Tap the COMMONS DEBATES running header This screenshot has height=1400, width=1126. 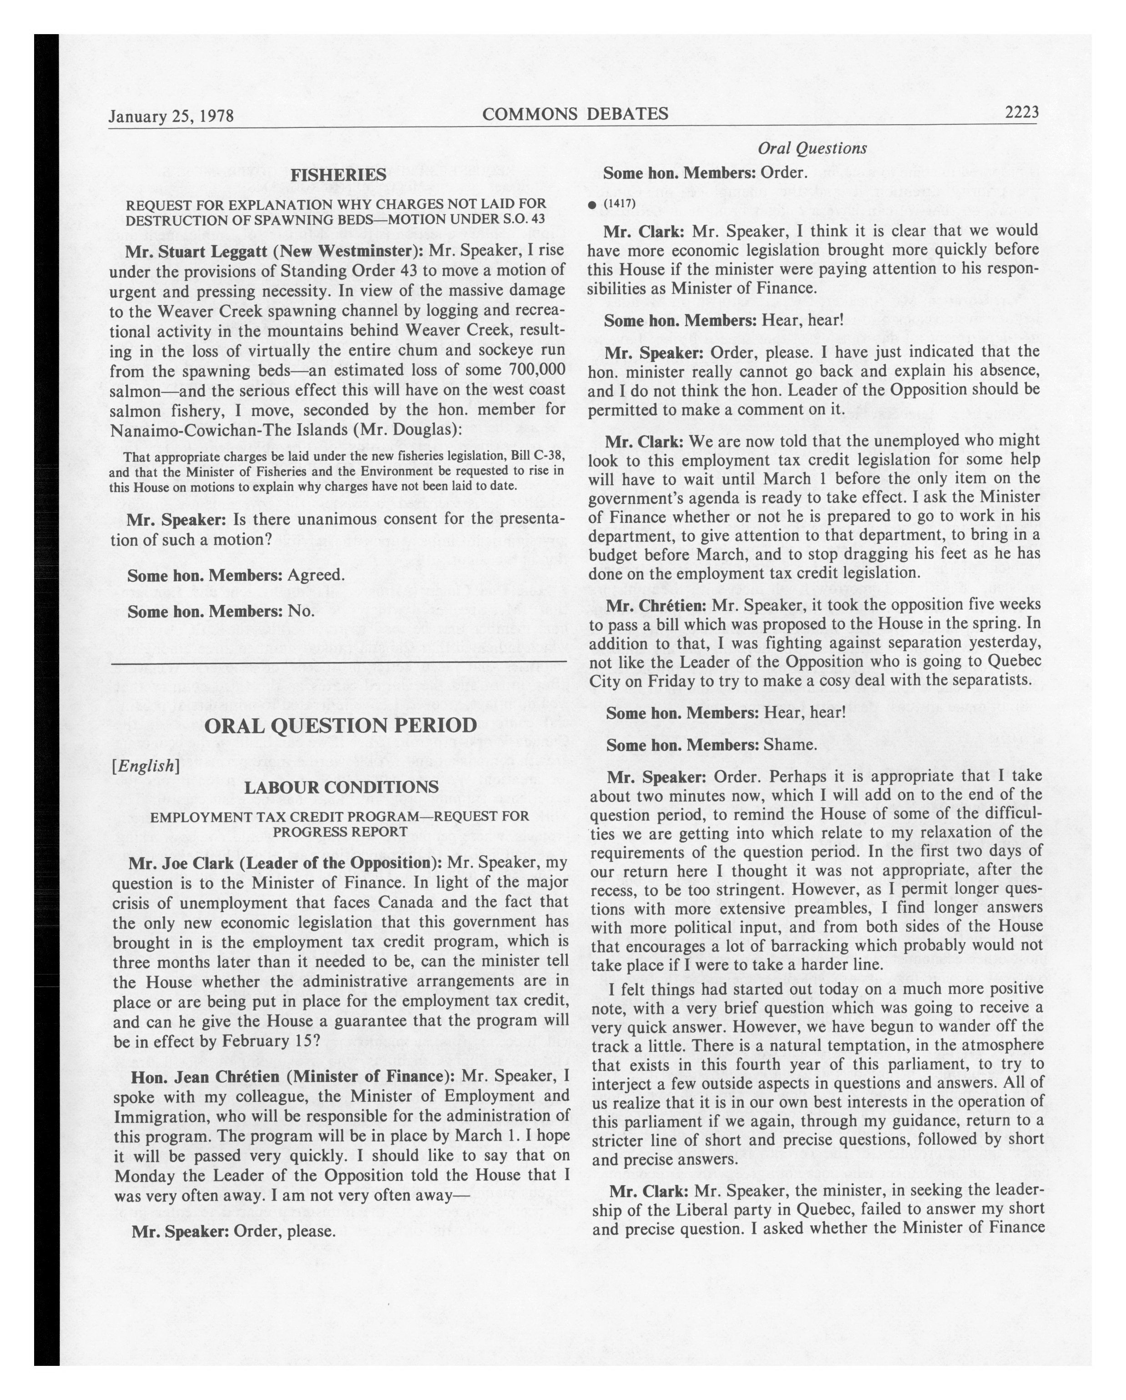click(575, 114)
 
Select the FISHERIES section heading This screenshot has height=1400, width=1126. click(338, 175)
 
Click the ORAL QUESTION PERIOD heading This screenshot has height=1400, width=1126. click(341, 725)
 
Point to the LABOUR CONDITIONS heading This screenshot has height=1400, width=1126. click(341, 787)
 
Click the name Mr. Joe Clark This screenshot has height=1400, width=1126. click(182, 862)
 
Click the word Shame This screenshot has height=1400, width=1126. click(790, 745)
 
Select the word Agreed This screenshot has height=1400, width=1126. click(316, 575)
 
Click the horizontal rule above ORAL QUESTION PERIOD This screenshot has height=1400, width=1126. click(338, 662)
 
